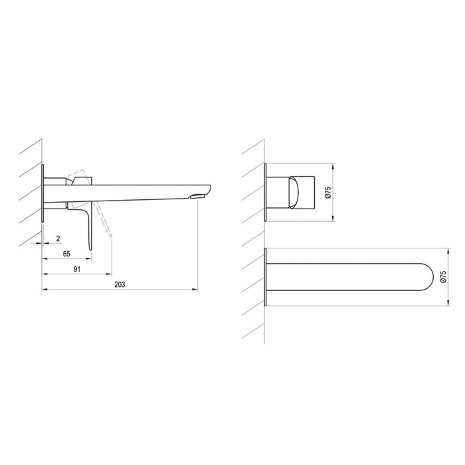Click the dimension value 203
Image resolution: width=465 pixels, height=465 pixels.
coord(120,284)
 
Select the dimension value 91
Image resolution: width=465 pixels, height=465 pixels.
coord(77,269)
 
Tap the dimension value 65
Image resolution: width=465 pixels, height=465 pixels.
coord(66,254)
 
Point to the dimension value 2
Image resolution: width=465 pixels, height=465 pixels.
coord(58,238)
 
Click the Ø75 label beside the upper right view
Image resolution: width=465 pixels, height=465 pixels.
coord(327,193)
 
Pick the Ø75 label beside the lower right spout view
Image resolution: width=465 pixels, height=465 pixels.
coord(443,276)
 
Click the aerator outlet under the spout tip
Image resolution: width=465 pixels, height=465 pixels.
coord(198,196)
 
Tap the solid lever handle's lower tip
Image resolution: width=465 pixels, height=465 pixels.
coord(90,248)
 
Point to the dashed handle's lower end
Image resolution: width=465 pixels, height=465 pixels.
coord(111,236)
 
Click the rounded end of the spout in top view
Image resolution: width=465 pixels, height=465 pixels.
coord(433,277)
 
